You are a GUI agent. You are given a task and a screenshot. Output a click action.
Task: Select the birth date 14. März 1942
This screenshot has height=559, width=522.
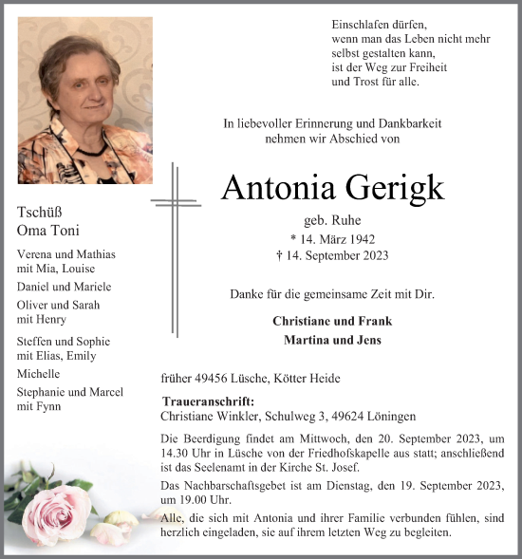pos(327,238)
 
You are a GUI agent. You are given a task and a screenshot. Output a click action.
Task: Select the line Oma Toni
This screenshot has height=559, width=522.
pos(48,231)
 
